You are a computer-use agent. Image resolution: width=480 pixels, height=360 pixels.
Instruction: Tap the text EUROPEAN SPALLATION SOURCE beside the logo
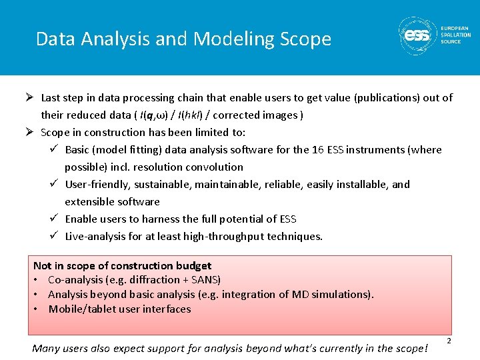click(455, 35)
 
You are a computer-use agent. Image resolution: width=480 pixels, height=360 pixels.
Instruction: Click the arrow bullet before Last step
click(31, 98)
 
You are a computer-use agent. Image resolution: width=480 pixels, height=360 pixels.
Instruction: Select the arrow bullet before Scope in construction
click(31, 133)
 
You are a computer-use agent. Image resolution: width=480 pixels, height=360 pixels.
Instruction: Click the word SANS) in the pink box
click(205, 280)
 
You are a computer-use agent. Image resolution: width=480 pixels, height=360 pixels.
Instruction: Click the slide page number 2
click(449, 341)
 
